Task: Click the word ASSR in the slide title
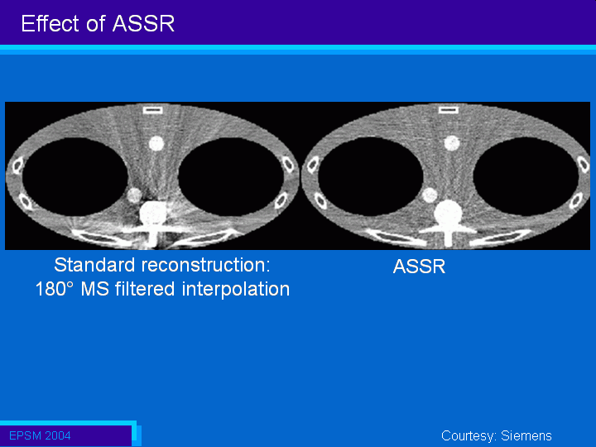143,23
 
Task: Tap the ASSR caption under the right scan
419,267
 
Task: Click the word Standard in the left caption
94,265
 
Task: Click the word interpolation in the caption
236,289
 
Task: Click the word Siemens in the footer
526,435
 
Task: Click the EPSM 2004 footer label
40,435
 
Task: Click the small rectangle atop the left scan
153,110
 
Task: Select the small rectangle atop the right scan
449,110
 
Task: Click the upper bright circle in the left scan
156,144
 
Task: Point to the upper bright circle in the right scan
452,144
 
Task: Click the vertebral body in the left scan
153,214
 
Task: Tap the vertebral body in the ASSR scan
449,213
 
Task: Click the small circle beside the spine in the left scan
134,195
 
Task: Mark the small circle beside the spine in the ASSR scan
430,195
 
